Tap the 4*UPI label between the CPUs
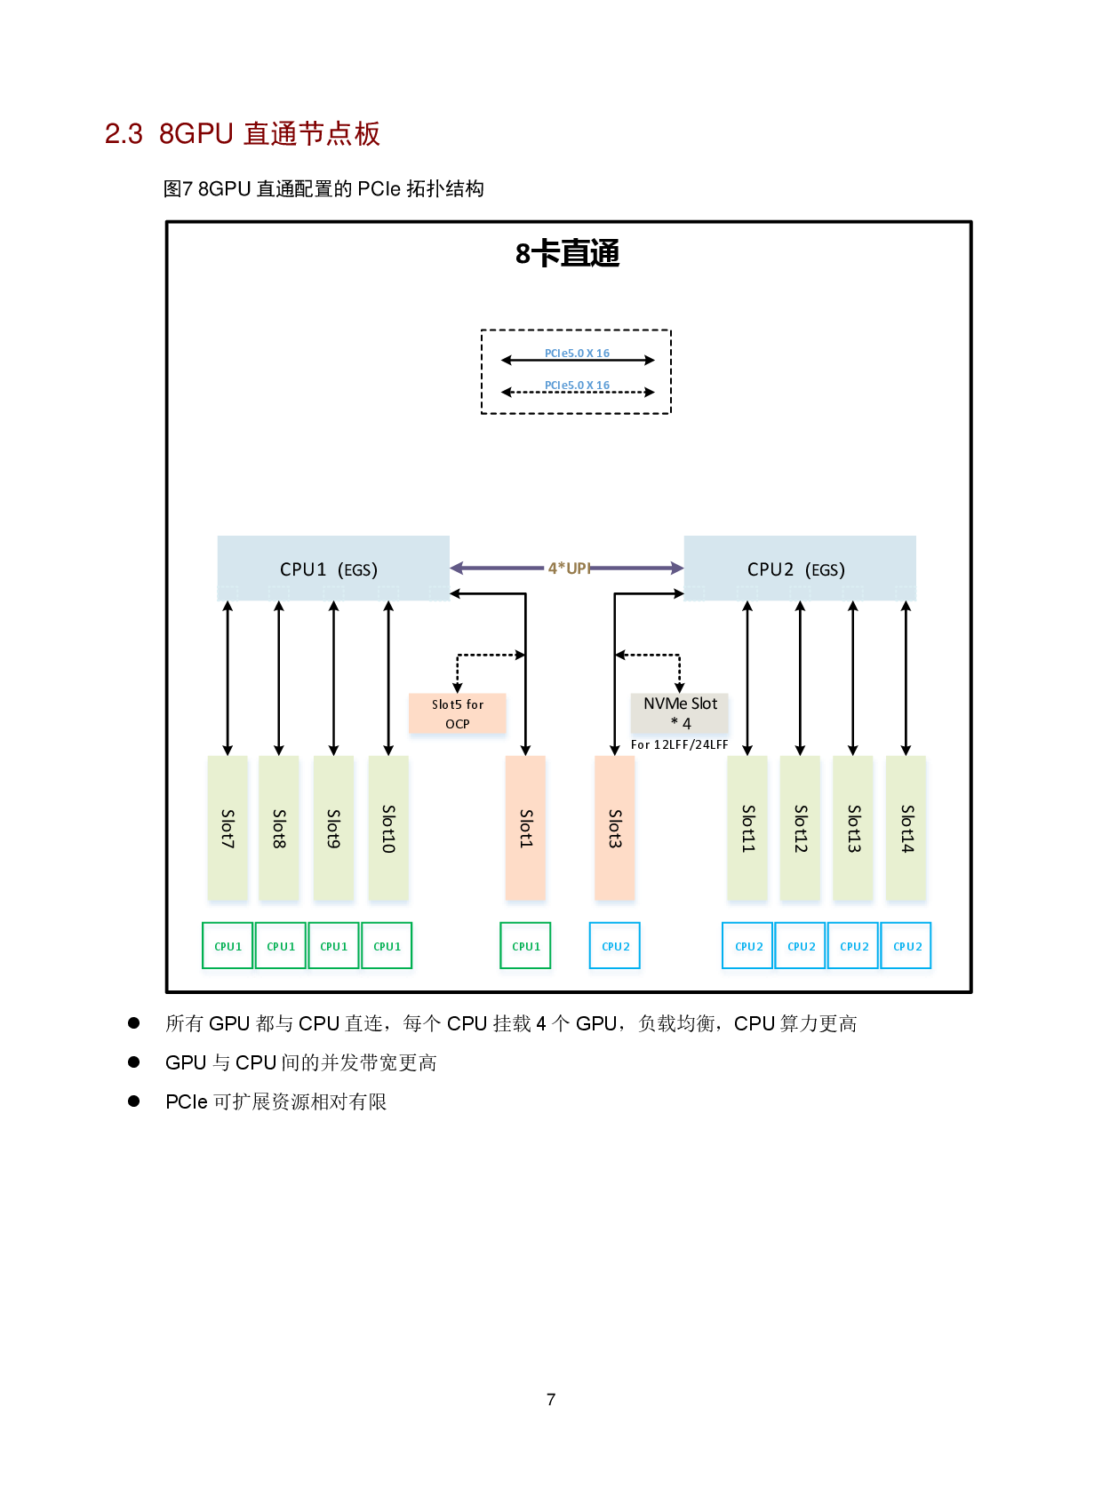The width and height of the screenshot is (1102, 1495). pos(569,568)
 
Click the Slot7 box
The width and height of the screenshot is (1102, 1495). pos(228,828)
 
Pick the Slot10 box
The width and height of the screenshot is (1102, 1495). pos(388,828)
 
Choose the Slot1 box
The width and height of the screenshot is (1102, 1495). pos(525,828)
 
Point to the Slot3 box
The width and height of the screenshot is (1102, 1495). pos(614,828)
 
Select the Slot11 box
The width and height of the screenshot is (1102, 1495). pos(747,828)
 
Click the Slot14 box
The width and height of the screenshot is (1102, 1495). pos(906,828)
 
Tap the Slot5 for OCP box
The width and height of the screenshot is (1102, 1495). pos(458,713)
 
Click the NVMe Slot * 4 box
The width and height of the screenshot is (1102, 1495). pos(680,712)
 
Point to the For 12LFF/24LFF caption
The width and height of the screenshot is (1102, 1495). pos(679,744)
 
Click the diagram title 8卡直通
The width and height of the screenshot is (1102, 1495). pos(567,254)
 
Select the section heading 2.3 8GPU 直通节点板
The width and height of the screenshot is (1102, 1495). pos(243,134)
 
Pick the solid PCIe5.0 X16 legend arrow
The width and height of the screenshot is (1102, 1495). pos(578,360)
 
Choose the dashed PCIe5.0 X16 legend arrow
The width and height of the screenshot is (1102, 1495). pos(578,392)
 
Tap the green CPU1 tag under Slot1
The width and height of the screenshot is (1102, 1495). pos(525,946)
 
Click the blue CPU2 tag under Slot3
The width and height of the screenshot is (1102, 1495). pos(615,946)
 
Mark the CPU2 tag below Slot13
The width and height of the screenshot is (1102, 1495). pos(854,946)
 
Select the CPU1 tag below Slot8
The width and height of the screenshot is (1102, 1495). pos(281,946)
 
